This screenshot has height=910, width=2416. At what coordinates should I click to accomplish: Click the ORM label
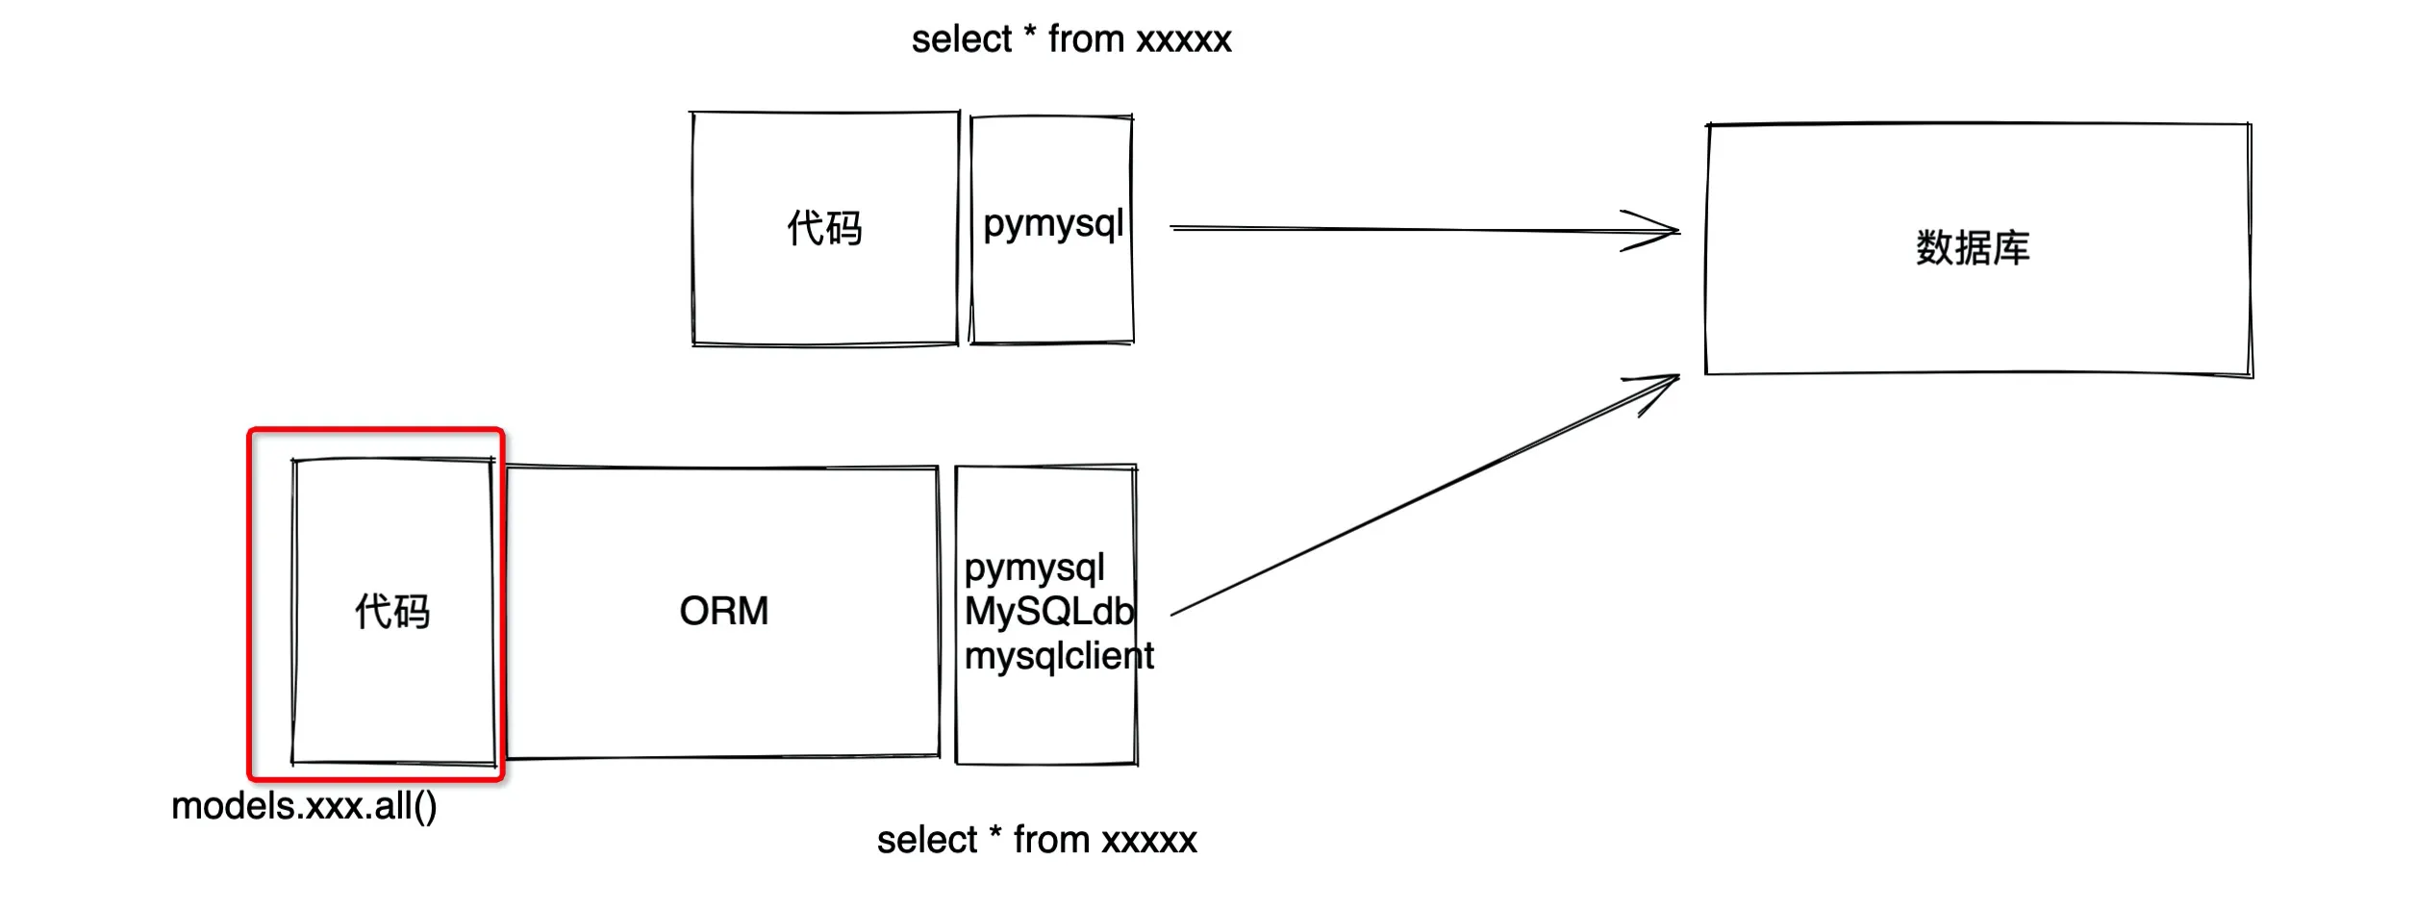point(723,611)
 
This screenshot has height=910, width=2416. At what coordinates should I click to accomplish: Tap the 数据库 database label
point(1972,248)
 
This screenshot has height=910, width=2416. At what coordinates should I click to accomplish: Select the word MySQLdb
point(1049,612)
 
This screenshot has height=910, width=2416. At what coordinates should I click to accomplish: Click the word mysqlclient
point(1059,656)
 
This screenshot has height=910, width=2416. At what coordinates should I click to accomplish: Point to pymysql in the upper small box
point(1053,225)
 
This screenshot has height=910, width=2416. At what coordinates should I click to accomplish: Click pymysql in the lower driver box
point(1034,569)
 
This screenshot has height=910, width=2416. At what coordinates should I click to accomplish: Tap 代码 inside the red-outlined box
point(392,612)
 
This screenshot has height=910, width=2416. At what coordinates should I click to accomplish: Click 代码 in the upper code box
point(824,229)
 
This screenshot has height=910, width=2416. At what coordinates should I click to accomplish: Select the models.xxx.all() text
point(304,806)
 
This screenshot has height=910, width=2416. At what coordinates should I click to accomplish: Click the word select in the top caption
point(961,40)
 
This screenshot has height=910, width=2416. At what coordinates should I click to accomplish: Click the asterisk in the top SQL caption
point(1029,33)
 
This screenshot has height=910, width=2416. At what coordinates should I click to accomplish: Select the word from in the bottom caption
point(1051,841)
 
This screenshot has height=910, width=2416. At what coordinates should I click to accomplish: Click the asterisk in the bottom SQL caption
point(994,833)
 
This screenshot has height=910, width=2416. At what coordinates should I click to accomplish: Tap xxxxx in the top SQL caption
point(1183,40)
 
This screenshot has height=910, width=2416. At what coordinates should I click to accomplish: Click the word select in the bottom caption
point(926,841)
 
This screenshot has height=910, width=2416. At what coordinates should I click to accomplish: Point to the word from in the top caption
point(1086,40)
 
